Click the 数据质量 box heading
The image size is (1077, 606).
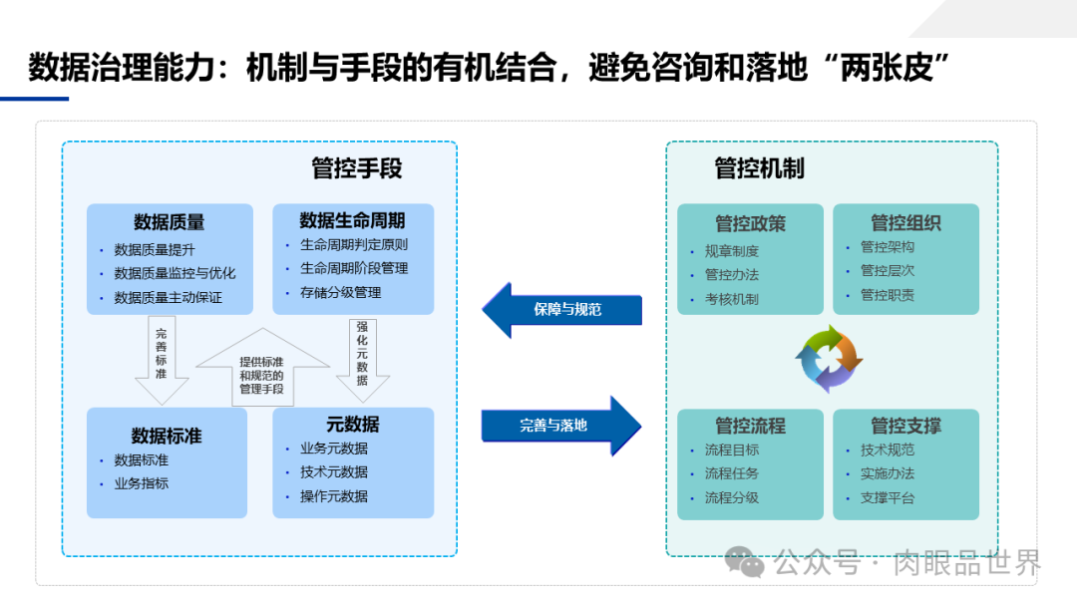click(x=169, y=222)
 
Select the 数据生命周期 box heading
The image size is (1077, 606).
click(x=352, y=220)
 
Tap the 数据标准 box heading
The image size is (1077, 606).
click(x=167, y=436)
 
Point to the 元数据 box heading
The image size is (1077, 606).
click(x=352, y=425)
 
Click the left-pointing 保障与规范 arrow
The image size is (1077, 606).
click(x=560, y=310)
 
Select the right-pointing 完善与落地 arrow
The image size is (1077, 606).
click(x=561, y=426)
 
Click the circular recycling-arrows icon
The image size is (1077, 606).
click(x=829, y=359)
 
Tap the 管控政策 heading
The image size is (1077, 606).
click(x=750, y=223)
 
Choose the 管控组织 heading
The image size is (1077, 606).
click(x=905, y=222)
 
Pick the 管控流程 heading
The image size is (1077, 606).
click(x=750, y=426)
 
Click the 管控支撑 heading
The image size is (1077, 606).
click(x=905, y=426)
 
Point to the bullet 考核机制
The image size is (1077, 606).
click(x=731, y=299)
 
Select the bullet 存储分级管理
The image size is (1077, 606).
click(x=340, y=292)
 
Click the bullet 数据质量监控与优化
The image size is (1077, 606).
click(x=175, y=273)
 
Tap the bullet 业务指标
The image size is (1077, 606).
click(x=141, y=483)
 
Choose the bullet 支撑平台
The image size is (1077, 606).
click(x=887, y=497)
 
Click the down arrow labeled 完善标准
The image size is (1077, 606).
click(x=162, y=359)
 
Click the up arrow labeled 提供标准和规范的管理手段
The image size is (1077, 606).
click(x=261, y=371)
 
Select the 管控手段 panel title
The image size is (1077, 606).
click(x=356, y=168)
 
